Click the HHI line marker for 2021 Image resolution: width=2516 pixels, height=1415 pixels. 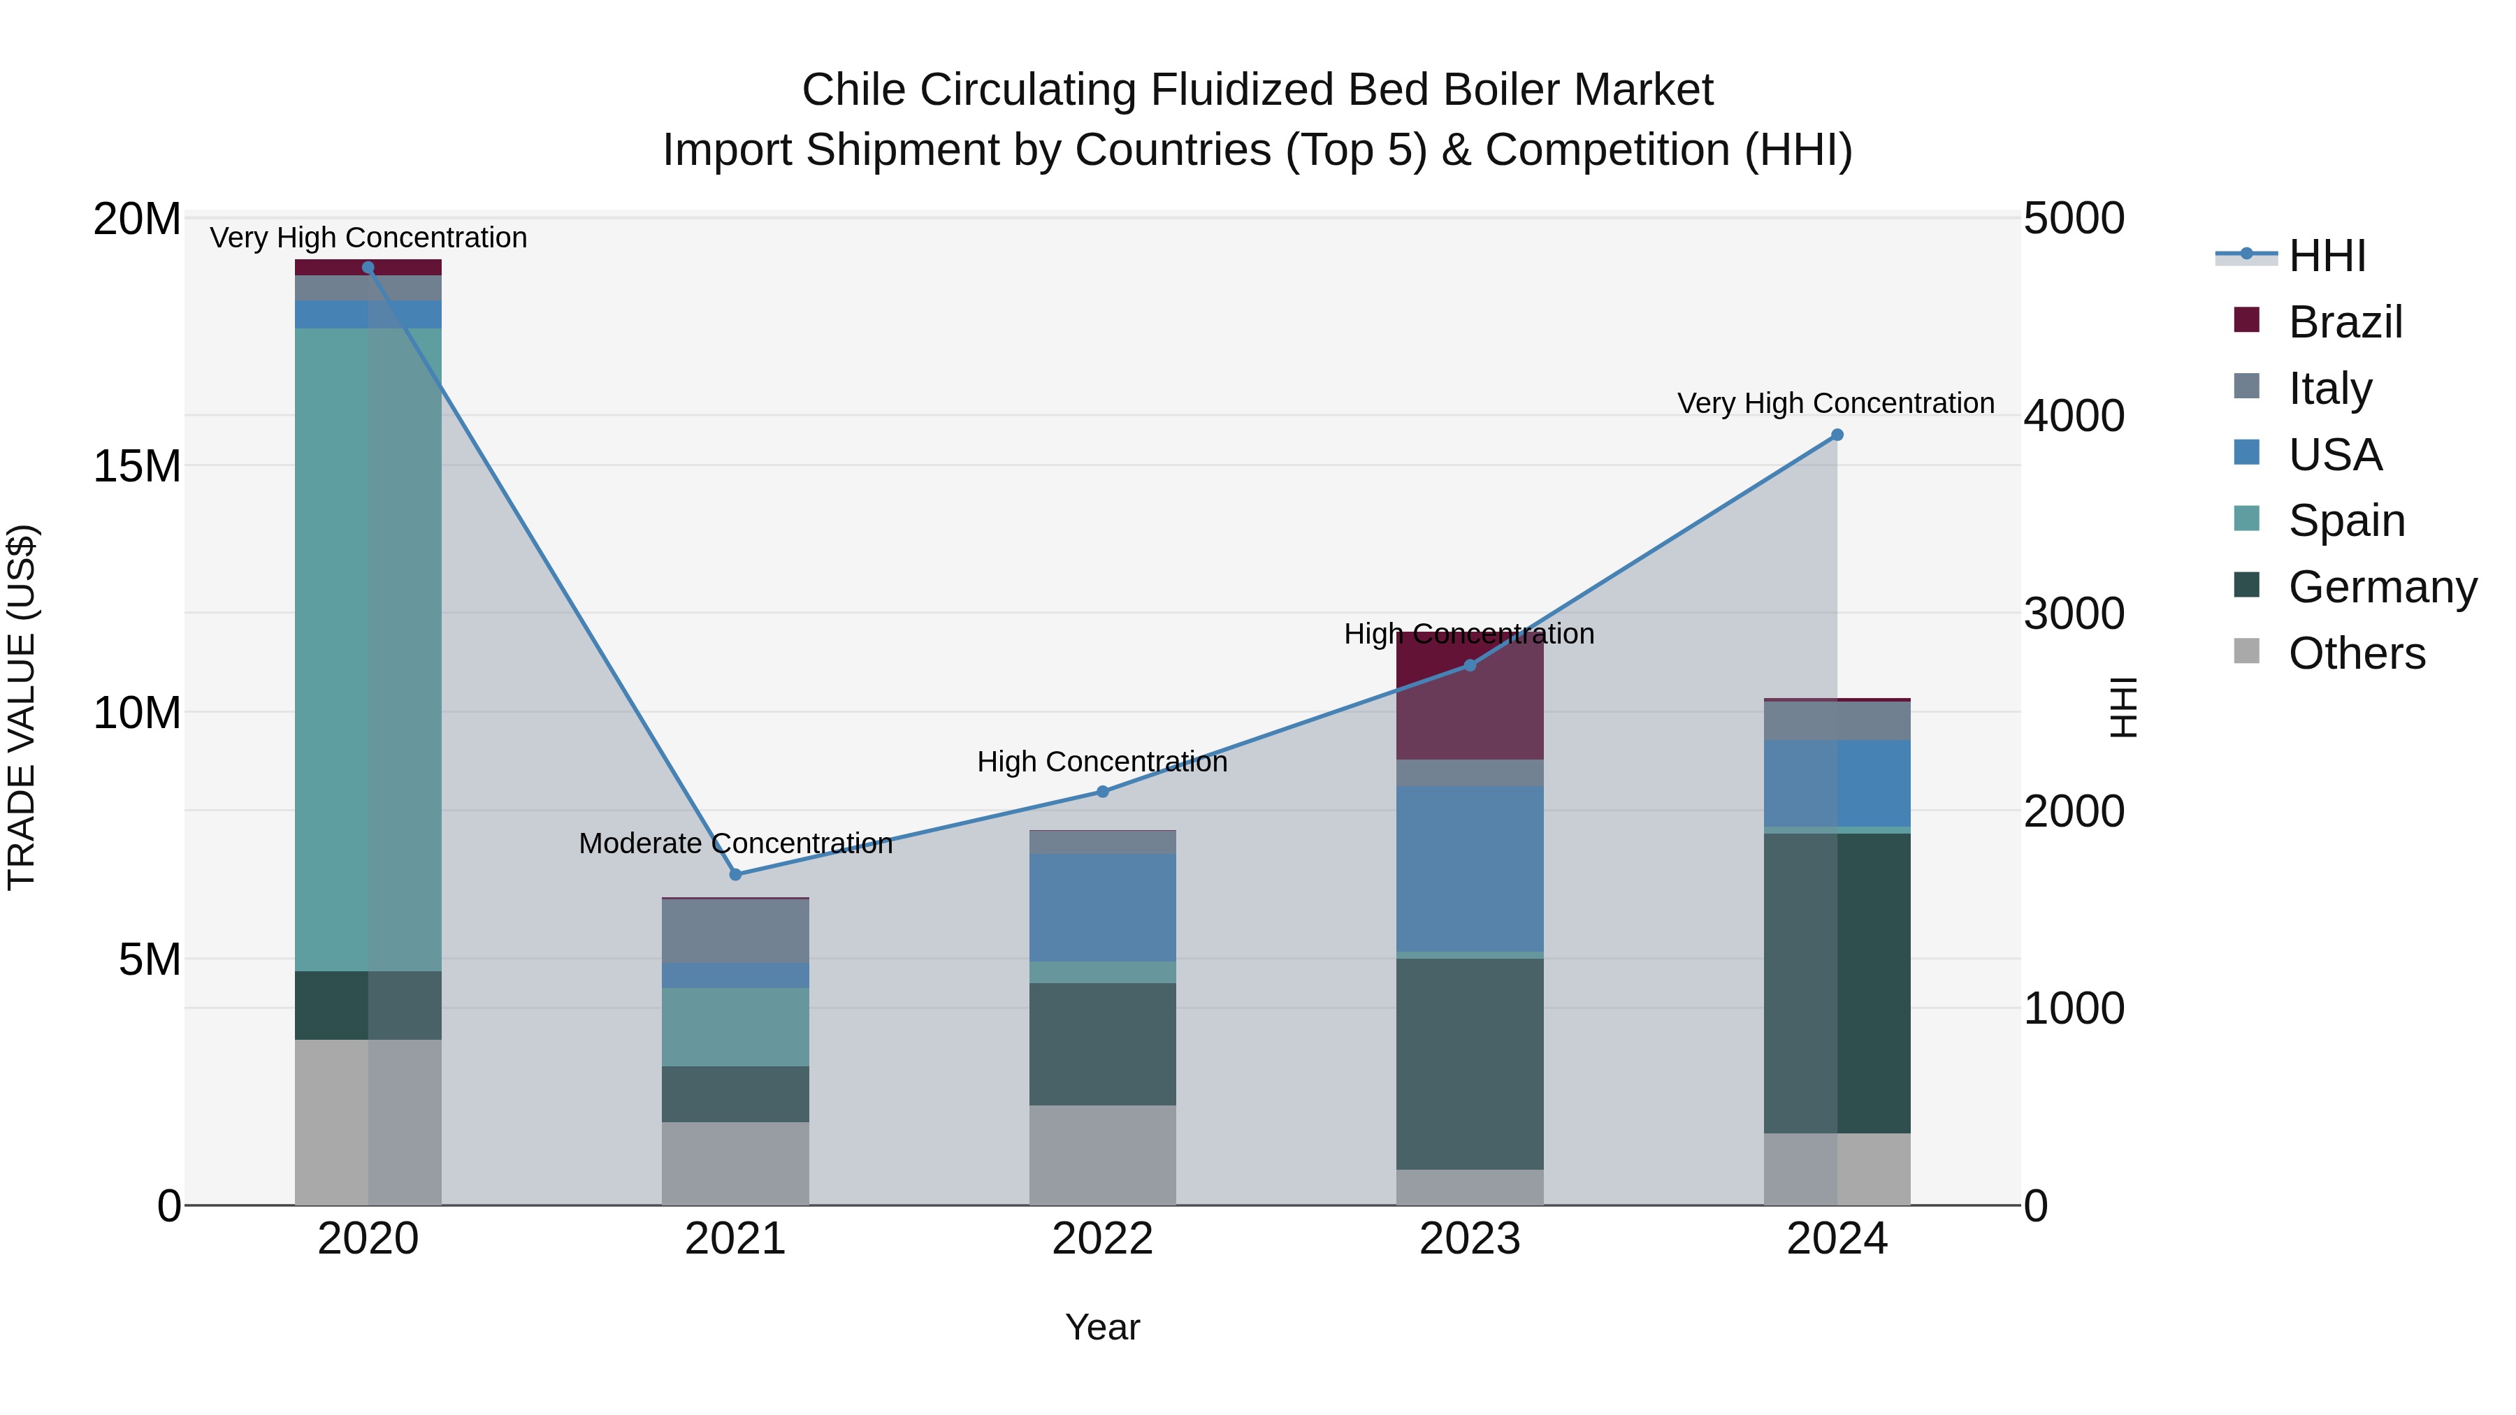pyautogui.click(x=735, y=874)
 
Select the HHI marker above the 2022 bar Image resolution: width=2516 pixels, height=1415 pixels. pyautogui.click(x=1103, y=792)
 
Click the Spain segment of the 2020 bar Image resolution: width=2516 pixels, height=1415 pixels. pyautogui.click(x=368, y=649)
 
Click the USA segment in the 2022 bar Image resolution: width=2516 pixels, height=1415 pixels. pyautogui.click(x=1103, y=907)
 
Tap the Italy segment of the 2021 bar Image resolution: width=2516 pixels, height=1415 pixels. pyautogui.click(x=735, y=931)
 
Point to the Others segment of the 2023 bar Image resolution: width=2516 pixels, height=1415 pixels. pyautogui.click(x=1470, y=1187)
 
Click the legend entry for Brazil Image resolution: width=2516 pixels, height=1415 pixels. pyautogui.click(x=2344, y=322)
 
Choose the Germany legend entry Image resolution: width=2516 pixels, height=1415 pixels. pyautogui.click(x=2381, y=587)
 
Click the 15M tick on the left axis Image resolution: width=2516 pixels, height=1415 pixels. pyautogui.click(x=137, y=467)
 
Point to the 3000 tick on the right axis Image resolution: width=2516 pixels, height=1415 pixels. pyautogui.click(x=2073, y=614)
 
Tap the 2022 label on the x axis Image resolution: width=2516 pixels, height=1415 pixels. pyautogui.click(x=1103, y=1239)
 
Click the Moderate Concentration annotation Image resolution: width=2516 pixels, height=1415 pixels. pyautogui.click(x=735, y=843)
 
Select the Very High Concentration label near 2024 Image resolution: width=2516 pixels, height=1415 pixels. pyautogui.click(x=1835, y=403)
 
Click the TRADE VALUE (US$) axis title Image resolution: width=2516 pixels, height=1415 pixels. pyautogui.click(x=22, y=707)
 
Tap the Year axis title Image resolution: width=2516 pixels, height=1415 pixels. pyautogui.click(x=1103, y=1327)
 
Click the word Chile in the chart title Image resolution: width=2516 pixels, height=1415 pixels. pyautogui.click(x=853, y=90)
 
